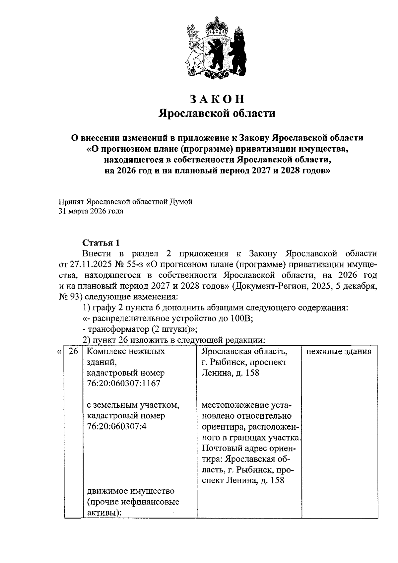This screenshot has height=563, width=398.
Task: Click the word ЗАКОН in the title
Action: [x=217, y=99]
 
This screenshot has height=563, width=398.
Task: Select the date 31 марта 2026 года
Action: [x=91, y=211]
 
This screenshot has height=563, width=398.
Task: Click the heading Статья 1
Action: [x=100, y=243]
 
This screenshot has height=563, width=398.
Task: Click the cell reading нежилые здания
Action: [x=339, y=351]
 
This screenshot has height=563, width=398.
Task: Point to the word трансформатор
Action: [x=117, y=329]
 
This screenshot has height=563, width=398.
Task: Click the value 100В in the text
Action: [x=240, y=319]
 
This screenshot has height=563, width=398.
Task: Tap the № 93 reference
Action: [x=68, y=297]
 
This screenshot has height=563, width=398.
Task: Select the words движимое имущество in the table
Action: [x=130, y=491]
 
